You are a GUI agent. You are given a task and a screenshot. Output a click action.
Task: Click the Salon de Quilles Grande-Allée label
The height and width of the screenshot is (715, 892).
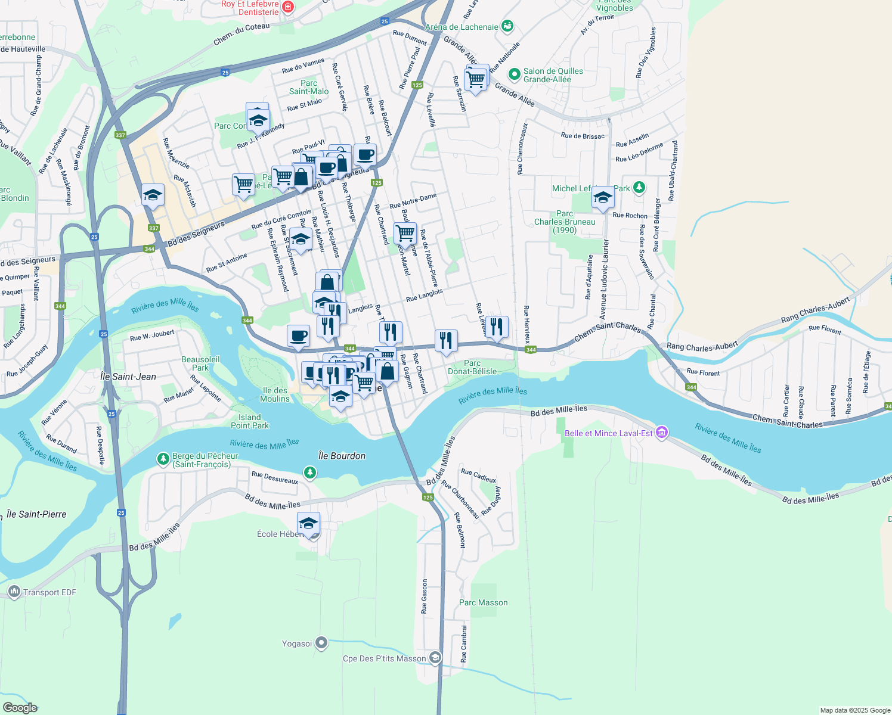coord(553,75)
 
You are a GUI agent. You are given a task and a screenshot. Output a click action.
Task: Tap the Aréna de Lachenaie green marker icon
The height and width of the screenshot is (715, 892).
coord(507,26)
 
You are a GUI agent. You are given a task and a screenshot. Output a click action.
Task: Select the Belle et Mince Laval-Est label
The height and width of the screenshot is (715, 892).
coord(608,433)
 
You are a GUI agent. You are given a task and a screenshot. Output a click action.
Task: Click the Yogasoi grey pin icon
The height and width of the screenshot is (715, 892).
coord(321,643)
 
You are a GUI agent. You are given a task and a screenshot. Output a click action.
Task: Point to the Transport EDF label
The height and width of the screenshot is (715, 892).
coord(49,592)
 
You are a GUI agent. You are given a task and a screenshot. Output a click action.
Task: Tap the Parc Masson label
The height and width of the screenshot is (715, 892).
coord(483,602)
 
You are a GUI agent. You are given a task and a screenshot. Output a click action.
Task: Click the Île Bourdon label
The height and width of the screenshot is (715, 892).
coord(342,456)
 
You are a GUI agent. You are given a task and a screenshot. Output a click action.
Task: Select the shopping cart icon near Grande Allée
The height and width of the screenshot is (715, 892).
coord(476,79)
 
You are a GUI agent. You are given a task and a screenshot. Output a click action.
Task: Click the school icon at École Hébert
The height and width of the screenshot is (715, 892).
coord(308,524)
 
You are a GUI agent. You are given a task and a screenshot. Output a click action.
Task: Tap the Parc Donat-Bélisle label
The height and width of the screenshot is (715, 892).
coord(472,367)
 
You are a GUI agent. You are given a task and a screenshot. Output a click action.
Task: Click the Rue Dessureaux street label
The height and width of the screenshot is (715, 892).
coord(274,477)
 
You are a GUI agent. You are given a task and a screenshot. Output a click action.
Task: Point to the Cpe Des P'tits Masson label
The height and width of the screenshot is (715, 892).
coord(384,658)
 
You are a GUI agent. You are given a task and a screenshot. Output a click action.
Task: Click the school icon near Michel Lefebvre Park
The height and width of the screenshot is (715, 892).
coord(603,197)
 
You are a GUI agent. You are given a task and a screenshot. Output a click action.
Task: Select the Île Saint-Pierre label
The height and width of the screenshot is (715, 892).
coord(36,514)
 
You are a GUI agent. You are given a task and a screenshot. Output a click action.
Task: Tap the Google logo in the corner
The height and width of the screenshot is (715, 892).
coord(20,708)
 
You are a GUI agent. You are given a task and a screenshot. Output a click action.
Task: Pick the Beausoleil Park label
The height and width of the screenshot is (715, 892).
coord(200,363)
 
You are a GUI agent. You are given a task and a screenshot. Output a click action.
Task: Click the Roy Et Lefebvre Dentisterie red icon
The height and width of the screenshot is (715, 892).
coord(288,7)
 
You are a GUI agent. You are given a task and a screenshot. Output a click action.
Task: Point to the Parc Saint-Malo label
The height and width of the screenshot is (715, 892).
coord(308,87)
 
